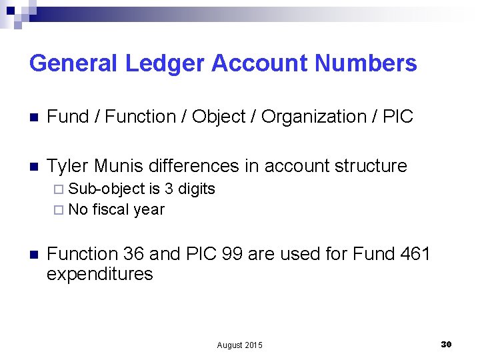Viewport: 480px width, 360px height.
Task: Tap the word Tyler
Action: pos(68,165)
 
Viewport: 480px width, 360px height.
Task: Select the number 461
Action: pos(414,254)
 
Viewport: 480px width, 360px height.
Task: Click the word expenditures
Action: pos(100,274)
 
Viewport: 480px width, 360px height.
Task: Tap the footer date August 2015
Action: pos(240,345)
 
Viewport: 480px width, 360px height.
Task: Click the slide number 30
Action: pos(446,344)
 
